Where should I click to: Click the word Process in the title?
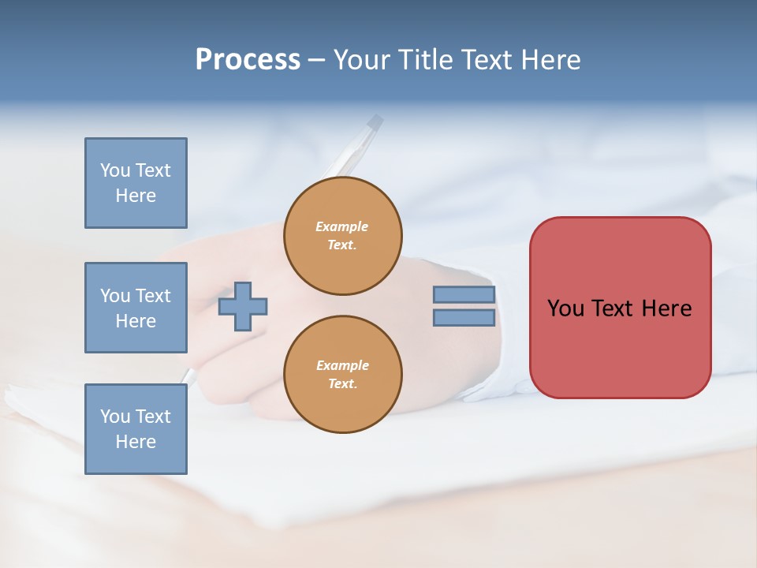[248, 60]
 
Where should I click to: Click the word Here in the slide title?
[551, 60]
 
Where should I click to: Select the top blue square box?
[136, 183]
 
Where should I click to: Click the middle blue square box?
[136, 308]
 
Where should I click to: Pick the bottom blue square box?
[136, 429]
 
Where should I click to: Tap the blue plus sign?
[243, 306]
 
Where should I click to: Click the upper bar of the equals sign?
[464, 295]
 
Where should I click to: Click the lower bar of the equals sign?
[464, 318]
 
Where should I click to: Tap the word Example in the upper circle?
[342, 226]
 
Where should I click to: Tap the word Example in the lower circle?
[342, 365]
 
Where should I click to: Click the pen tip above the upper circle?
[375, 121]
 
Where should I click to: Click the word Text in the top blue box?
[153, 170]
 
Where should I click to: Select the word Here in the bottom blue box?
[136, 442]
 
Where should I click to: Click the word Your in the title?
[360, 60]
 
